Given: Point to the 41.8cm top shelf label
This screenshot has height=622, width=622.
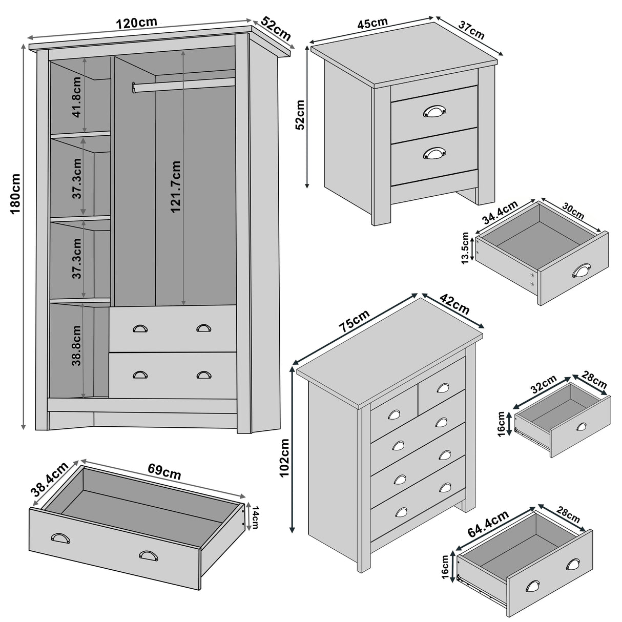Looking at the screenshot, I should point(77,105).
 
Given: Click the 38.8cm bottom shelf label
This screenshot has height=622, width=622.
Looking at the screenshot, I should point(77,345).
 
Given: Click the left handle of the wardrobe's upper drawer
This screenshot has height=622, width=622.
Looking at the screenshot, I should point(140,329).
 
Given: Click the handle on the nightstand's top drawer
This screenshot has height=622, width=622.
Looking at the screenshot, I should point(434,111).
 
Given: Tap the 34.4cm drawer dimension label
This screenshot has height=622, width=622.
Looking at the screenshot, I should point(500,213).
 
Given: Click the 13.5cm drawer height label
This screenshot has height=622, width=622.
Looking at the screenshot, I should point(465,248).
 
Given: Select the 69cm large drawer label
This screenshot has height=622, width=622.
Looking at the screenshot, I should point(164,471).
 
